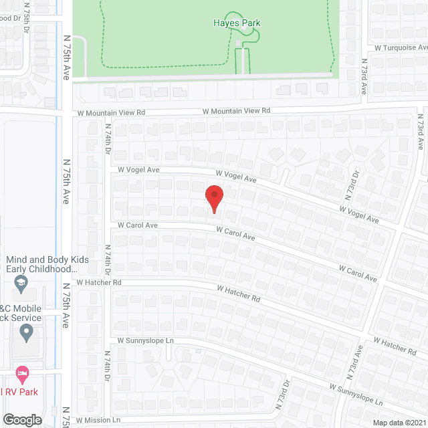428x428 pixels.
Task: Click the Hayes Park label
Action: coord(242,23)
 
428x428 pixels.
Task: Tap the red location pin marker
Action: coord(214,198)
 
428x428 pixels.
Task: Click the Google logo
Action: coord(21,419)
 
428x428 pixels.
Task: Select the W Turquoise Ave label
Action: coord(400,48)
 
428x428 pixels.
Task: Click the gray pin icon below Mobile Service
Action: coord(26,332)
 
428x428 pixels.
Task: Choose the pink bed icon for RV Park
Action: coord(22,371)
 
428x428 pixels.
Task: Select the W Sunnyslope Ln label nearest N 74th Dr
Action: coord(145,340)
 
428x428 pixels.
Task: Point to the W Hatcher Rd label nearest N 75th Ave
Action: coord(98,283)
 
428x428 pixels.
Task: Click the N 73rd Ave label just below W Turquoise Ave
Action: coord(364,79)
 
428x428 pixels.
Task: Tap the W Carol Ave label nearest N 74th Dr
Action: coord(137,225)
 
